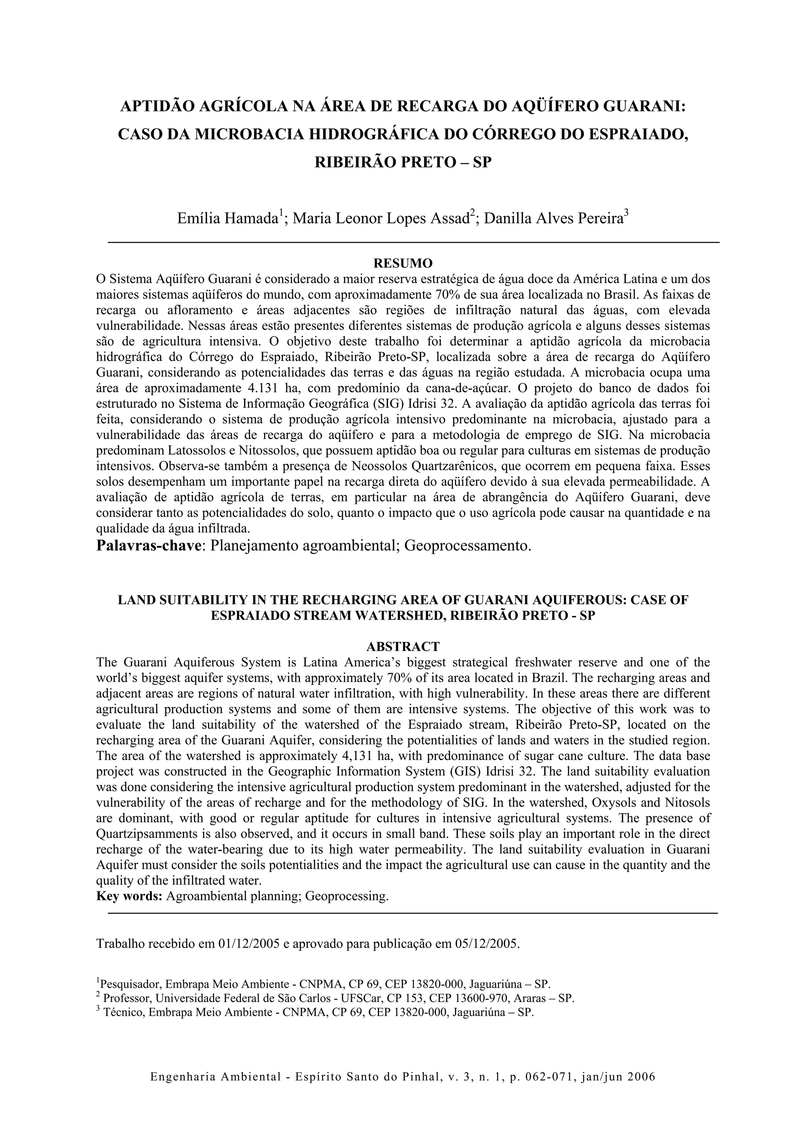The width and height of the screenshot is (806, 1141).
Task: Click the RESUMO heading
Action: click(x=403, y=263)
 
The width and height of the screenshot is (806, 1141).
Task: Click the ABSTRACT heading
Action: click(x=403, y=647)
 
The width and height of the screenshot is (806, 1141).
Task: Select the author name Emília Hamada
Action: click(x=227, y=219)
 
